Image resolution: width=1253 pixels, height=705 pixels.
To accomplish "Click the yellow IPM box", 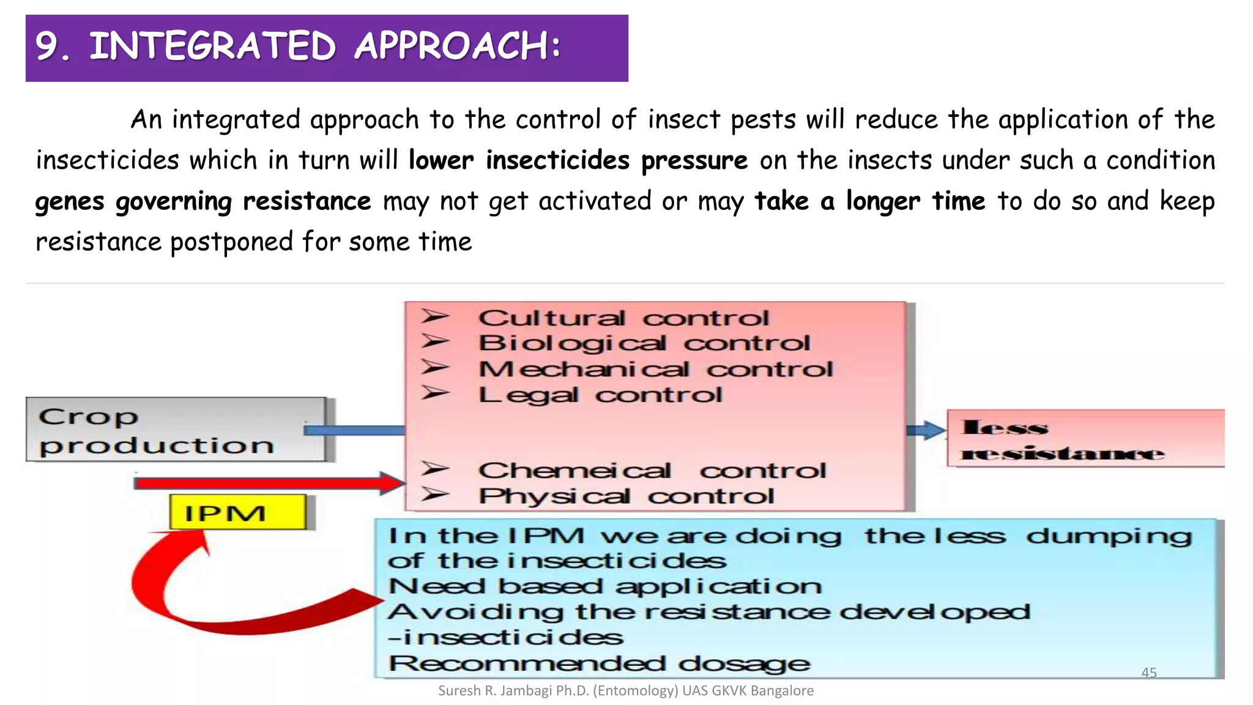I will click(x=237, y=512).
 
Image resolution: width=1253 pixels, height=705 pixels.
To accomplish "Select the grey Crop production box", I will click(x=176, y=430).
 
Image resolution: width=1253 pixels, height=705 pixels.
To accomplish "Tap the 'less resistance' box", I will click(x=1085, y=439).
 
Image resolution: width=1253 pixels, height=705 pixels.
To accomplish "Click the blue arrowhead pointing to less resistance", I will click(x=934, y=430).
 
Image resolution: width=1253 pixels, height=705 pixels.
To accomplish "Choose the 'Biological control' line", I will click(x=644, y=343).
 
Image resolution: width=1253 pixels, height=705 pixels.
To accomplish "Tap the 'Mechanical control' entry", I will click(x=655, y=369).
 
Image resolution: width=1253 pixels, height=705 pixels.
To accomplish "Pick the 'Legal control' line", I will click(x=600, y=395).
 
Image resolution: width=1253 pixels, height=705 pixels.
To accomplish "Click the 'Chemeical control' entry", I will click(x=652, y=471).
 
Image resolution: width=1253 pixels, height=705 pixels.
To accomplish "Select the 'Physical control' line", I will click(x=626, y=496).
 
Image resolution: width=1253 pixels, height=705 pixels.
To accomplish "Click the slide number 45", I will click(x=1149, y=673).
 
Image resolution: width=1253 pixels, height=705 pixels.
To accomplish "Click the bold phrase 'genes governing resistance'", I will click(x=203, y=201).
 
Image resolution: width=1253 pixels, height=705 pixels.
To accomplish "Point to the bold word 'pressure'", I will click(x=694, y=160).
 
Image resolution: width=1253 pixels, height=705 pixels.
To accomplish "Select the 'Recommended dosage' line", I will click(x=600, y=663).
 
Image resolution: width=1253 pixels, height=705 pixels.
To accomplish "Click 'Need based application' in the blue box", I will click(x=604, y=586).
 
